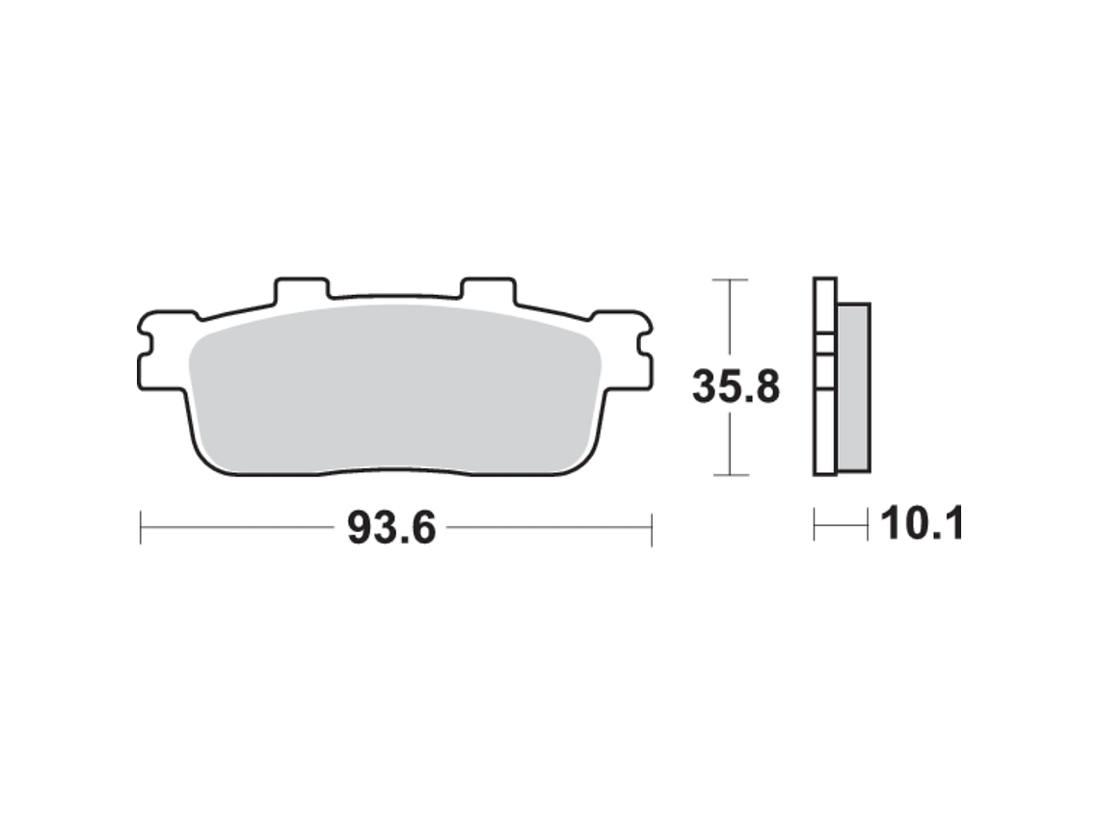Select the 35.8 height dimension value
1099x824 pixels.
pos(736,386)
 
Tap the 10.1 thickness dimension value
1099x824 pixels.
pos(923,523)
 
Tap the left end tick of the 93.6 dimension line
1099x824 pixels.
pos(141,527)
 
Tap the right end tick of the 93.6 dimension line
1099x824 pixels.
pos(652,527)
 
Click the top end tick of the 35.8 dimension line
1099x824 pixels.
pos(731,279)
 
